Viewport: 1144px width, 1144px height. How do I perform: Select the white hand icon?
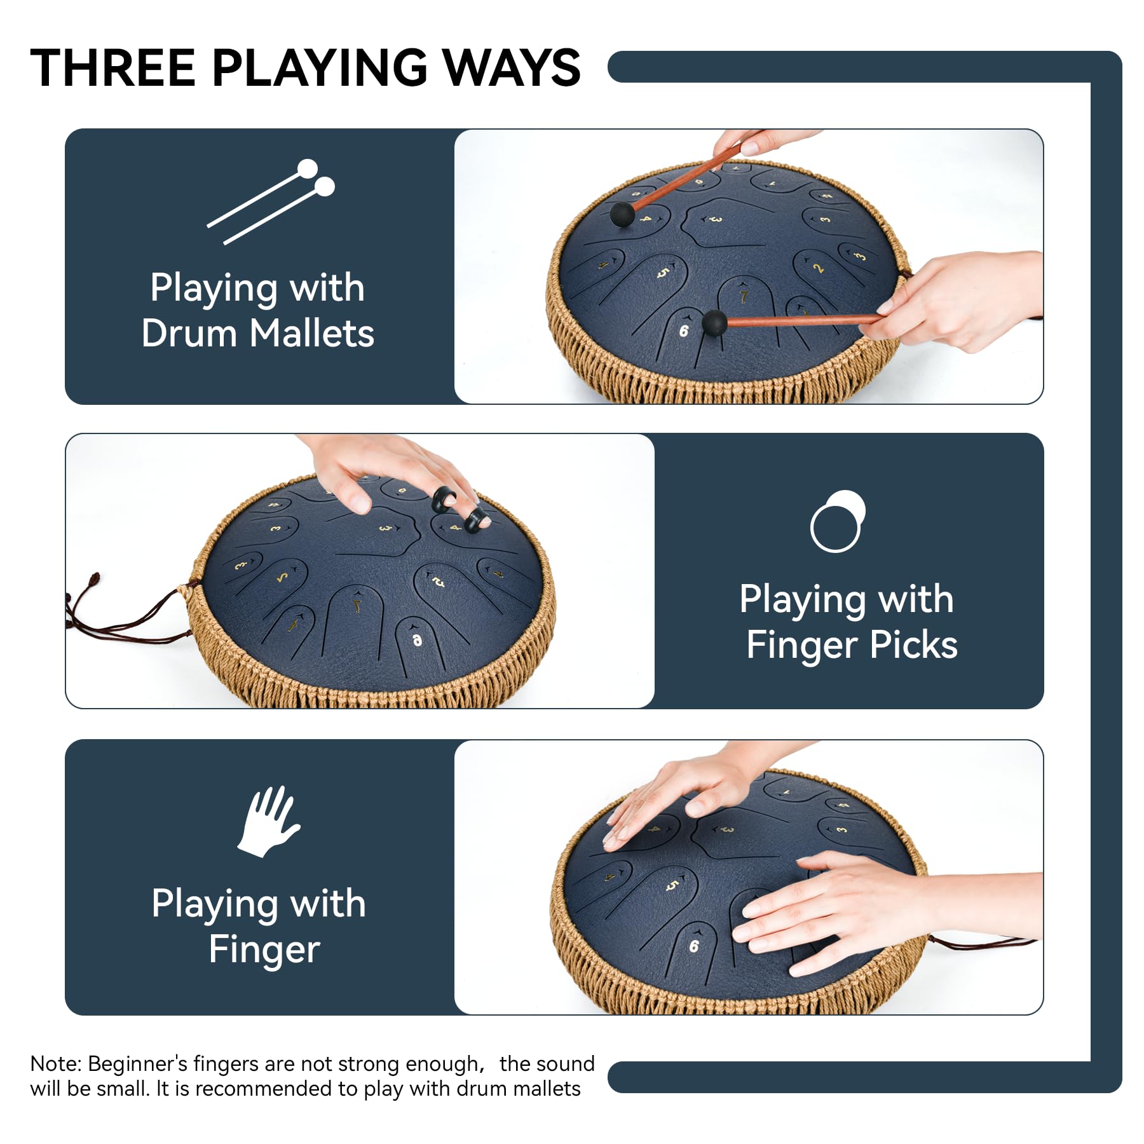click(x=268, y=821)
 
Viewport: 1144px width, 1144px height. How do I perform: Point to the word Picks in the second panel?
click(x=913, y=645)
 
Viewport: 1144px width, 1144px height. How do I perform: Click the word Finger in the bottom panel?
click(x=264, y=950)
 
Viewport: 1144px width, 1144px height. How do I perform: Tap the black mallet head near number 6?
click(x=714, y=323)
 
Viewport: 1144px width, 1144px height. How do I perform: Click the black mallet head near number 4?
click(x=622, y=214)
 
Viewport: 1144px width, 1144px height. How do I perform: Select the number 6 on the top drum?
click(x=683, y=331)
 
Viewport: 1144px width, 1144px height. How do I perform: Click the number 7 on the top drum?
click(x=744, y=297)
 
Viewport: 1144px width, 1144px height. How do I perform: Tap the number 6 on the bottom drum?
click(x=693, y=946)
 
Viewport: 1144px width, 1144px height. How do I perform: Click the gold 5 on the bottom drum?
click(x=672, y=886)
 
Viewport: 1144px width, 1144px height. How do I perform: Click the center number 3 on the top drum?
click(x=716, y=219)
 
